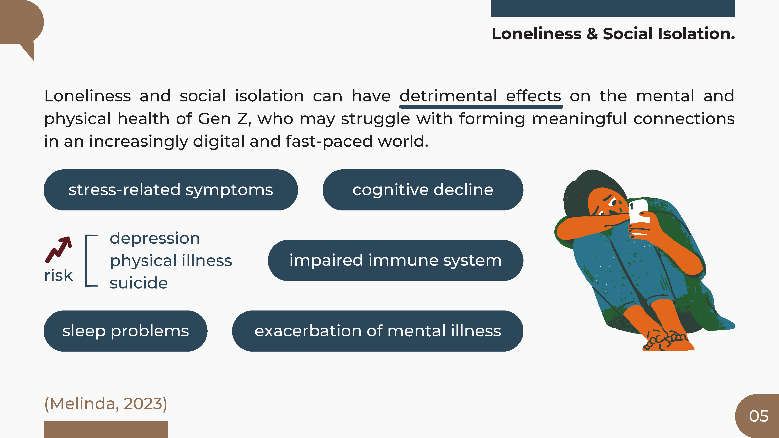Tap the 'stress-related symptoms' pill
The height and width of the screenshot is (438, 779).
[x=171, y=190]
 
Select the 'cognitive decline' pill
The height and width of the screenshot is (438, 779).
[x=423, y=190]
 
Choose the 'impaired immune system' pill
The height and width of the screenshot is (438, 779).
[x=396, y=260]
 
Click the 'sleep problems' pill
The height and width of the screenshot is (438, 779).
[x=125, y=331]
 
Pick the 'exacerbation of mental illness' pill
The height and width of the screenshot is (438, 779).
[x=378, y=331]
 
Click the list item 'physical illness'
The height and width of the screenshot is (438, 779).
[x=171, y=261]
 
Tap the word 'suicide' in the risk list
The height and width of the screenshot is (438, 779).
[x=138, y=283]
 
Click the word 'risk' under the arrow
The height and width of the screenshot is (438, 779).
[x=59, y=275]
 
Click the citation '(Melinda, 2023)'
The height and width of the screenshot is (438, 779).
[x=106, y=404]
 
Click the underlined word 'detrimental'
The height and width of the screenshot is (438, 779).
[x=448, y=96]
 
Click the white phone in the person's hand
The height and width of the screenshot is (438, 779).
[x=639, y=216]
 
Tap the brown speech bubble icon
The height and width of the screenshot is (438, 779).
[x=22, y=29]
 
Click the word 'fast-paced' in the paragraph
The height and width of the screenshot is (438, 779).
[x=329, y=142]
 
